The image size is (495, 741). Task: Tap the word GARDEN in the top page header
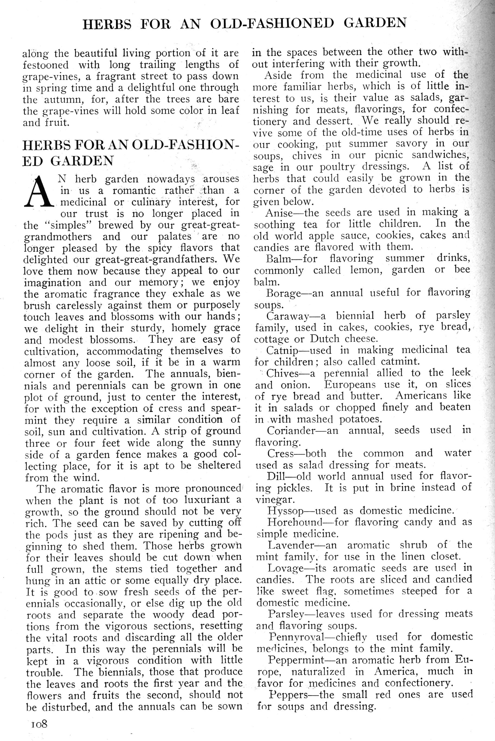pos(375,23)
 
